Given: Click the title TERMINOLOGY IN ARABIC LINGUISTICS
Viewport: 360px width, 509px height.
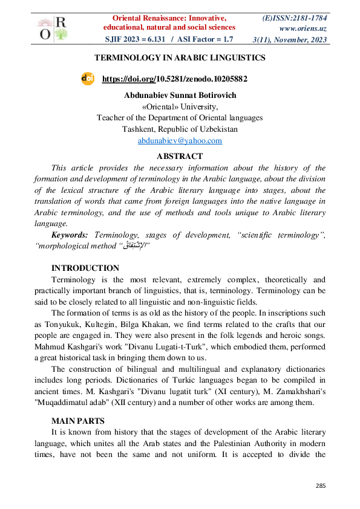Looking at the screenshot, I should click(x=180, y=58).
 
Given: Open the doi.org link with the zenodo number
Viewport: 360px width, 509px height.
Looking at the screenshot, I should click(x=175, y=79).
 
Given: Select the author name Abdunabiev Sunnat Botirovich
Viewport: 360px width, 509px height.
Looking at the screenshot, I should click(x=180, y=96).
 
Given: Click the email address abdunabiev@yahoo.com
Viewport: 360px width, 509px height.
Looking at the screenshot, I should click(x=180, y=140).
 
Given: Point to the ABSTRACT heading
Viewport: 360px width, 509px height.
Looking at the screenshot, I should click(x=180, y=157).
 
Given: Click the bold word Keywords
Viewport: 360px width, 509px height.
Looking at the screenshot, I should click(x=70, y=235).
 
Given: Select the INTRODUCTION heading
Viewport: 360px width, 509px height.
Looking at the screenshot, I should click(x=85, y=268).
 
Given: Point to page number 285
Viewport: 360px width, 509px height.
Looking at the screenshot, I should click(x=321, y=486).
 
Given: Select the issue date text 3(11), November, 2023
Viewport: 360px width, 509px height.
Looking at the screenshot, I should click(x=290, y=40).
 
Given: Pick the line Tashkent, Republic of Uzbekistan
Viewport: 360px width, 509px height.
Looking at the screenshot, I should click(x=180, y=129).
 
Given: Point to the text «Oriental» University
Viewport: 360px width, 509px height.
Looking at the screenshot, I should click(x=180, y=106).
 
